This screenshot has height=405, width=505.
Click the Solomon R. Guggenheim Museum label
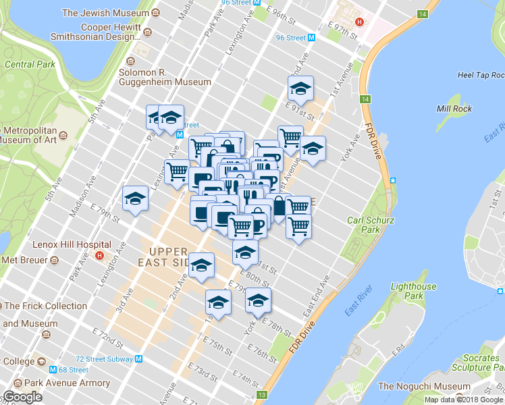[165, 77]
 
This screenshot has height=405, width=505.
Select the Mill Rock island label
[454, 109]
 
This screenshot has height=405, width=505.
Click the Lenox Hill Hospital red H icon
[100, 255]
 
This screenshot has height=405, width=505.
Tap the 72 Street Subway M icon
[138, 359]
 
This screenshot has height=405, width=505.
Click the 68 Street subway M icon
[53, 370]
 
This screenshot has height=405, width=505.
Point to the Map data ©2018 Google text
[463, 400]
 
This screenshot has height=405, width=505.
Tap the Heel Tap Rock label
[480, 76]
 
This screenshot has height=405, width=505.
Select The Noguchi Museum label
[423, 386]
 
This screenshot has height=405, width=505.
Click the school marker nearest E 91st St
[300, 88]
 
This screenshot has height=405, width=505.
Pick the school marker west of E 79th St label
[135, 199]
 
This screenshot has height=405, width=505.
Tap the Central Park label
[29, 65]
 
